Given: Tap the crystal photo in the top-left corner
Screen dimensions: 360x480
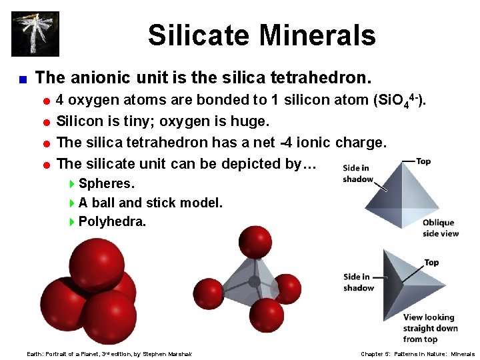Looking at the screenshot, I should click(x=35, y=34).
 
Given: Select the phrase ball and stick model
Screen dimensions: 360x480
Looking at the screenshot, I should click(x=157, y=203).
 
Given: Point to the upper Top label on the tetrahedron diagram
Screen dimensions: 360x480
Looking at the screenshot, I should click(x=423, y=161).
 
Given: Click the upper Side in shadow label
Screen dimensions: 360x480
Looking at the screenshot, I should click(x=358, y=173).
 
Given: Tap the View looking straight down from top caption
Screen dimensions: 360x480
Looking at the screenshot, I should click(x=430, y=328).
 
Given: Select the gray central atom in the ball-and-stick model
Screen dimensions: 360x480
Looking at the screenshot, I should click(x=254, y=281).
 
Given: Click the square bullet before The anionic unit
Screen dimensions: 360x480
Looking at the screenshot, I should click(x=22, y=79).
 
